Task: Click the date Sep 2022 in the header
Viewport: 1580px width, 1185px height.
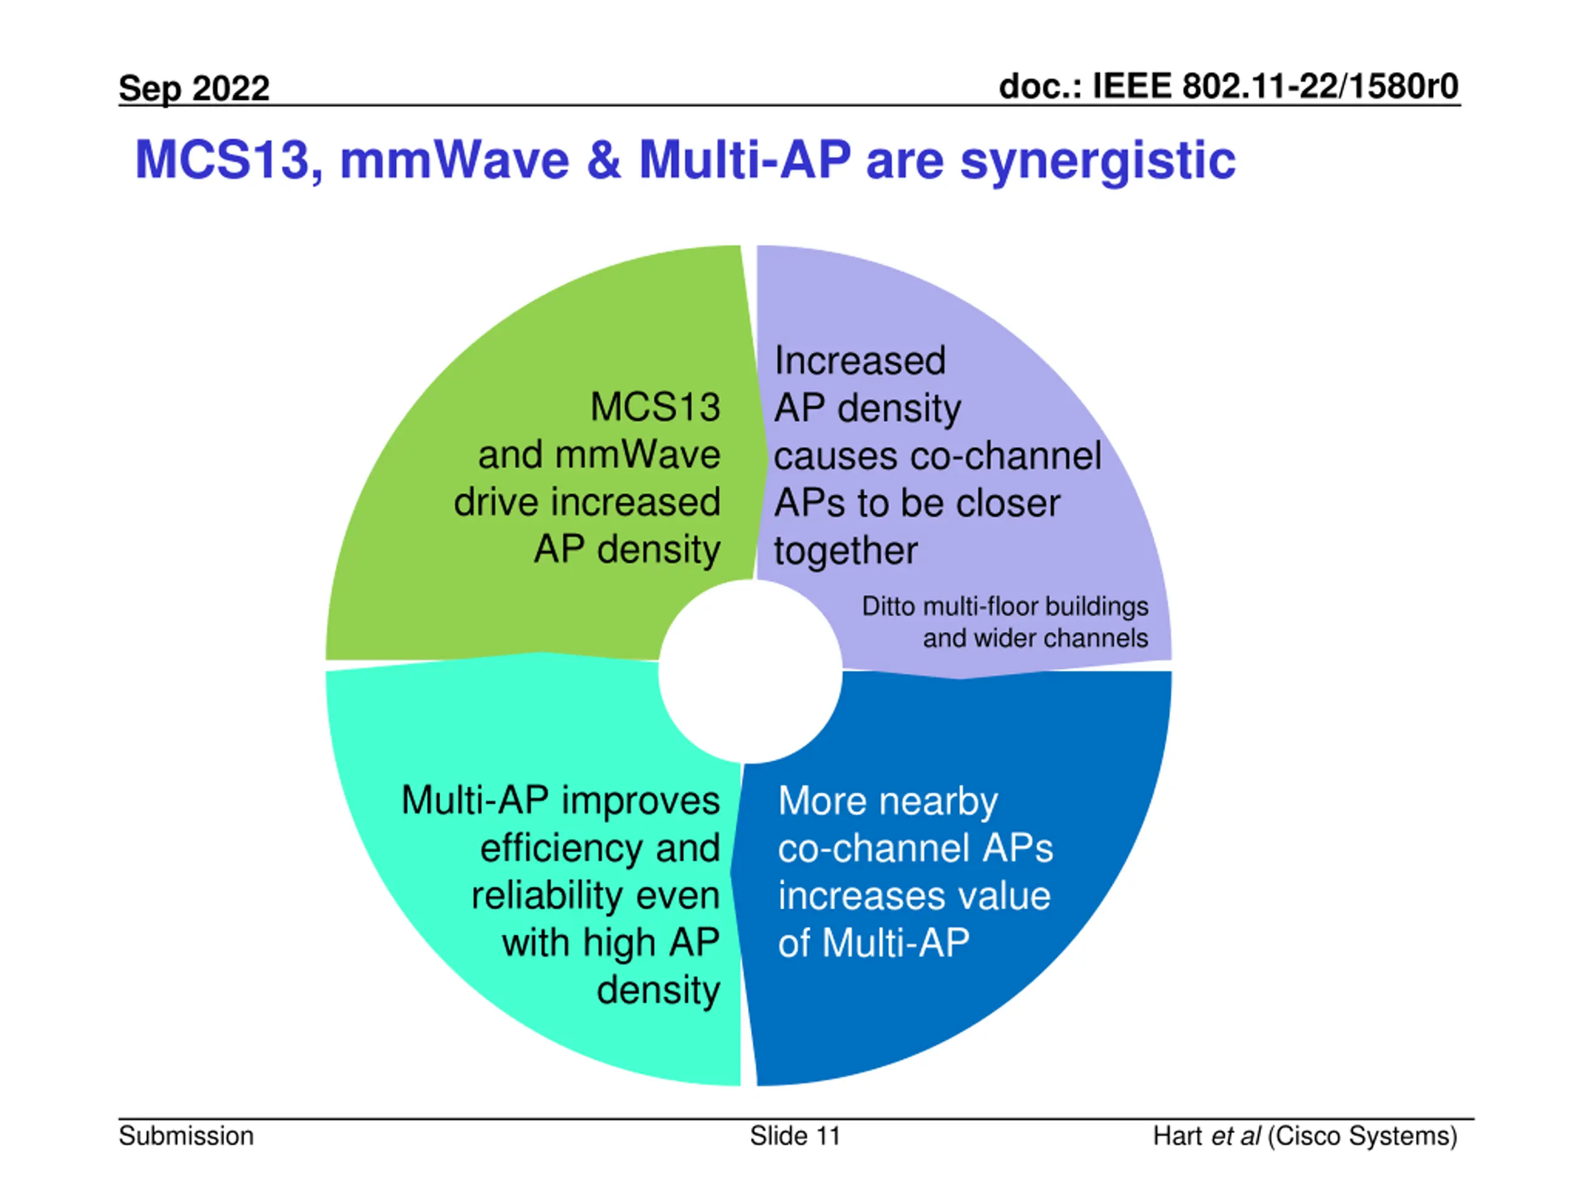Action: pos(194,89)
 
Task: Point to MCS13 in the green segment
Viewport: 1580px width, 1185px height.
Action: pos(655,407)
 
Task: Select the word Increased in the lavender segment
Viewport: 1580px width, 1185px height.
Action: pos(860,360)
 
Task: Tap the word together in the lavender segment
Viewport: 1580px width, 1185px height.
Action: pos(846,551)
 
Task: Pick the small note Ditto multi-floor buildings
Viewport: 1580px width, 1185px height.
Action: pos(1004,607)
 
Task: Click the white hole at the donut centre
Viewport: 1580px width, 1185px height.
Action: pos(750,671)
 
